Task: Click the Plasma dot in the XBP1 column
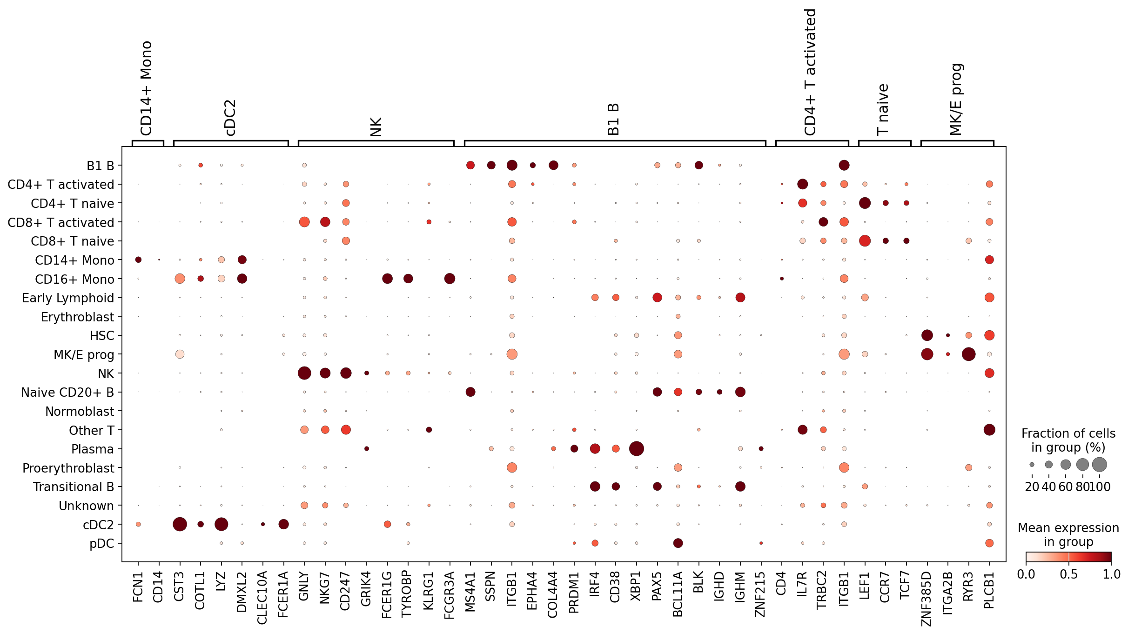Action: click(636, 449)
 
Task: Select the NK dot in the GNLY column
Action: click(304, 373)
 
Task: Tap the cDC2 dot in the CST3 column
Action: click(180, 524)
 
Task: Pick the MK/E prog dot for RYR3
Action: click(968, 354)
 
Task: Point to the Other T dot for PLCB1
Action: click(989, 430)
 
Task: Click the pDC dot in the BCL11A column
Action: click(678, 543)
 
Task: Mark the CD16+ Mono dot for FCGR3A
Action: click(450, 279)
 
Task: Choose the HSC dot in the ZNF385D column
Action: click(927, 335)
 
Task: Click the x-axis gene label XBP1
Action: click(636, 586)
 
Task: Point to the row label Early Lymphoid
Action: click(68, 298)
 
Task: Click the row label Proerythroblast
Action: click(68, 468)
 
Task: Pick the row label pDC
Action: click(101, 543)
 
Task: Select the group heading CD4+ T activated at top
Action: click(810, 72)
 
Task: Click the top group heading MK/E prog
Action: click(956, 99)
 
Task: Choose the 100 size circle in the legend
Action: click(1099, 464)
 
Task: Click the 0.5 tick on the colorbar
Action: click(1068, 574)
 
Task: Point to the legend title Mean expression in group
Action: click(1068, 535)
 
